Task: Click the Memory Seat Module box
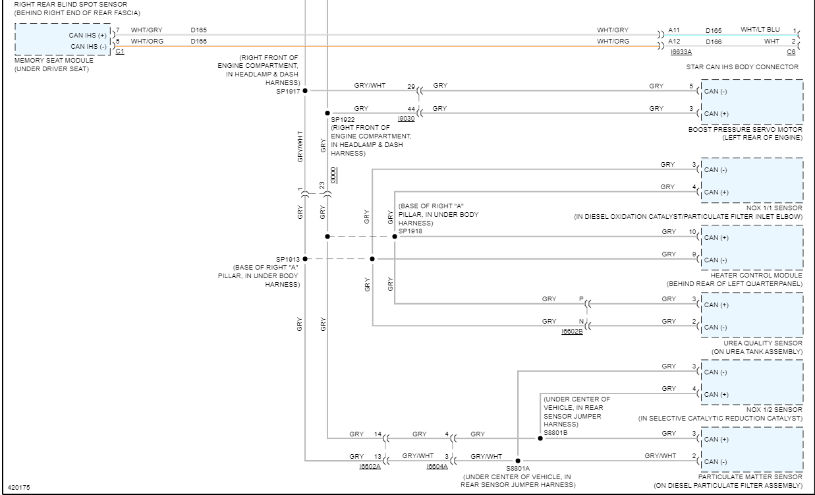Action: point(63,40)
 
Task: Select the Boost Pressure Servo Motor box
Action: point(752,102)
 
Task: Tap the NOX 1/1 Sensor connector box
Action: point(752,180)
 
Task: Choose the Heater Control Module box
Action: point(752,248)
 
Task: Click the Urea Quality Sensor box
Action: point(752,315)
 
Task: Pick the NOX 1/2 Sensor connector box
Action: point(752,382)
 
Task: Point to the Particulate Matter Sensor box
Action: point(752,450)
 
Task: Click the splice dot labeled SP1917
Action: point(305,90)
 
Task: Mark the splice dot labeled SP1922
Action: point(327,113)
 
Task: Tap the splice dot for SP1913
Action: point(305,259)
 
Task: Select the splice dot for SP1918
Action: point(395,236)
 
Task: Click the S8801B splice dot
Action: point(540,438)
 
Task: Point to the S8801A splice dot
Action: point(518,460)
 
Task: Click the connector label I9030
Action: point(407,118)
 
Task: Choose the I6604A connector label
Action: point(437,466)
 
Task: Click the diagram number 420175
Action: point(18,488)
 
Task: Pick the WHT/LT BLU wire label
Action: point(760,30)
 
